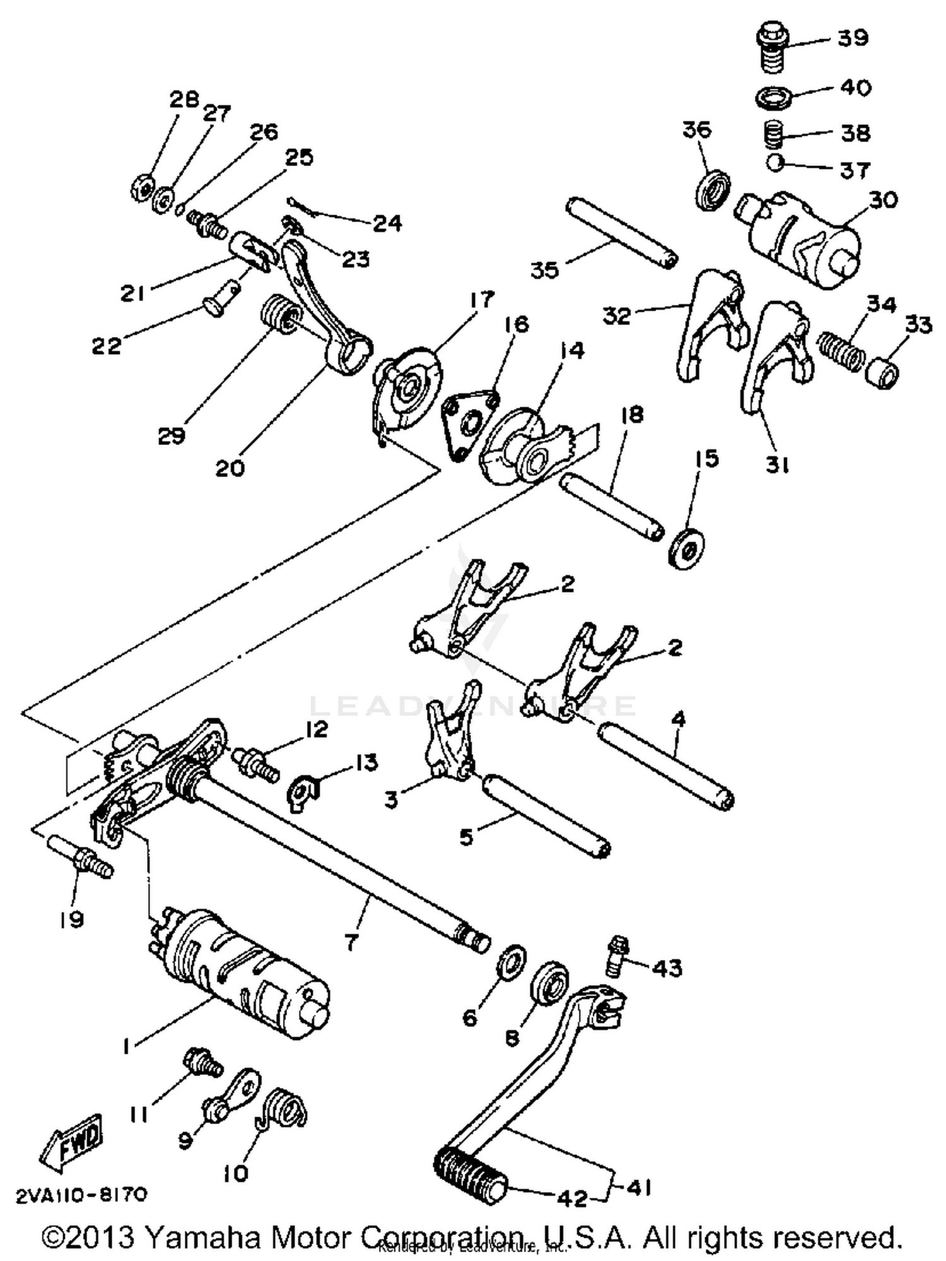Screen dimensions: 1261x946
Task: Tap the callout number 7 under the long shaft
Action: [351, 942]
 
